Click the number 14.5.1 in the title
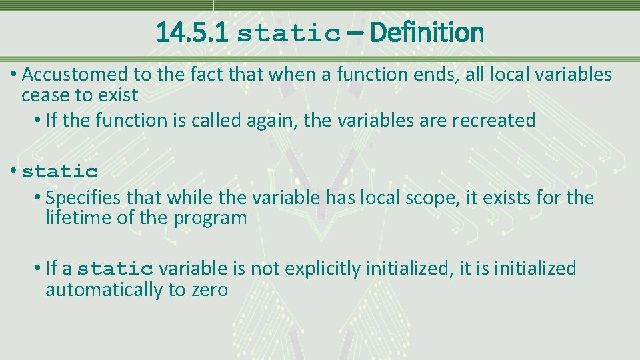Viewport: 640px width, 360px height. tap(192, 32)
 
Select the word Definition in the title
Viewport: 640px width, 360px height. tap(427, 32)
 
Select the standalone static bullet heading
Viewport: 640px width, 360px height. tap(60, 172)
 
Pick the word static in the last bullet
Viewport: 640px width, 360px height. tap(115, 269)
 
